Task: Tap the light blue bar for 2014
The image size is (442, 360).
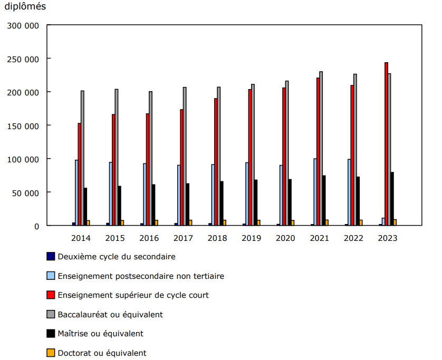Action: point(76,192)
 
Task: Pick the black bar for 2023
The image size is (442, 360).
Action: point(392,199)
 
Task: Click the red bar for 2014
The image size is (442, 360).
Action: point(80,174)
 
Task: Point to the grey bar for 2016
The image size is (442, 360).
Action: point(150,159)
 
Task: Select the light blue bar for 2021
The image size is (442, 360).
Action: point(315,192)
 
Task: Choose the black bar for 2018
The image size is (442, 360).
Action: point(222,203)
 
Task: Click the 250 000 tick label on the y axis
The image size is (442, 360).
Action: point(23,59)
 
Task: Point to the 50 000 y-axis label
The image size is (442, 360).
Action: point(25,192)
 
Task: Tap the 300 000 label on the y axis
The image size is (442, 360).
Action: point(23,25)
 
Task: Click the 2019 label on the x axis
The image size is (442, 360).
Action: point(251,238)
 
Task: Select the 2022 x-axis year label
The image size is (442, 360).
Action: point(353,238)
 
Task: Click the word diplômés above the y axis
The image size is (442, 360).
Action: point(25,7)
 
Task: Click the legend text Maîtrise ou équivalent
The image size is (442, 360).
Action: point(100,334)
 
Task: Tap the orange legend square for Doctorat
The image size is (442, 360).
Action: point(51,353)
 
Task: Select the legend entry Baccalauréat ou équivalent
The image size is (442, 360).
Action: point(110,314)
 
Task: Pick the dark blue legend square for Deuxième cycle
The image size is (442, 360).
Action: point(51,256)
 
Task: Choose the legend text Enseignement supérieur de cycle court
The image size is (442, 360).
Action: point(133,295)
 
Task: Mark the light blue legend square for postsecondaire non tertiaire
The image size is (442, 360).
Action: point(51,276)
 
